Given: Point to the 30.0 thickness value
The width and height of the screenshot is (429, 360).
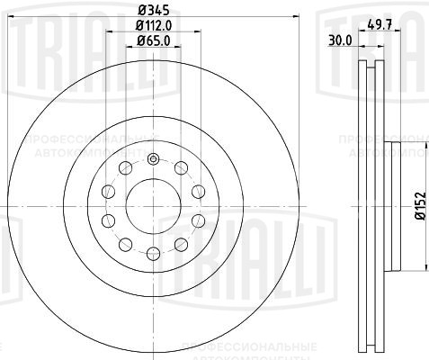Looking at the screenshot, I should [339, 40].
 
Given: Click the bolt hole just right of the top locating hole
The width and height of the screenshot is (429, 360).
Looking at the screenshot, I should [180, 168].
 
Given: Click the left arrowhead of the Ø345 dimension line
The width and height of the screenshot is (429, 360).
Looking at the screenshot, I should [4, 20].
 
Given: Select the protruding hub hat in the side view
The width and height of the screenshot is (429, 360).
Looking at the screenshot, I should [392, 205].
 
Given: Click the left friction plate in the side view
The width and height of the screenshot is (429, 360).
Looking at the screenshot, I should [362, 205].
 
